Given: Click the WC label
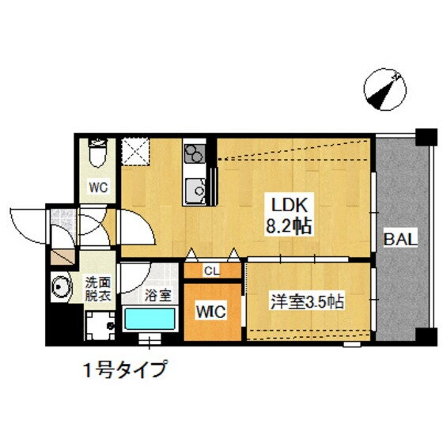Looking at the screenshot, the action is [x=98, y=187].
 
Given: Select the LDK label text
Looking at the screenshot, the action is [x=289, y=205].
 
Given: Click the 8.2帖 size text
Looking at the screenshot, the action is [x=289, y=226].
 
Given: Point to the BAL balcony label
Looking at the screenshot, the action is [x=400, y=240].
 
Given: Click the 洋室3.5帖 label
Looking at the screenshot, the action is [x=308, y=301].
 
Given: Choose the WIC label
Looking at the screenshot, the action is [x=211, y=312].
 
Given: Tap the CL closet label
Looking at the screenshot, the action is [x=212, y=271].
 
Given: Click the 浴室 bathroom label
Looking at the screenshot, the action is [x=158, y=295].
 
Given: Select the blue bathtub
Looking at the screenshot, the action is [x=150, y=319].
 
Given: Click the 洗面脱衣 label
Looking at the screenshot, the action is [x=98, y=289].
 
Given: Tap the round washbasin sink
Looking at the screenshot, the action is [x=60, y=286].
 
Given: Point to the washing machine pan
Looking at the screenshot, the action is [x=100, y=326].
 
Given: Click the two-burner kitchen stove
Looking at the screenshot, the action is [x=195, y=153].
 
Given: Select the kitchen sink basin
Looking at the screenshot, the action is [x=195, y=191].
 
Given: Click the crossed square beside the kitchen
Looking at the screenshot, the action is [x=135, y=152].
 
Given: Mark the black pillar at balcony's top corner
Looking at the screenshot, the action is [x=426, y=137].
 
